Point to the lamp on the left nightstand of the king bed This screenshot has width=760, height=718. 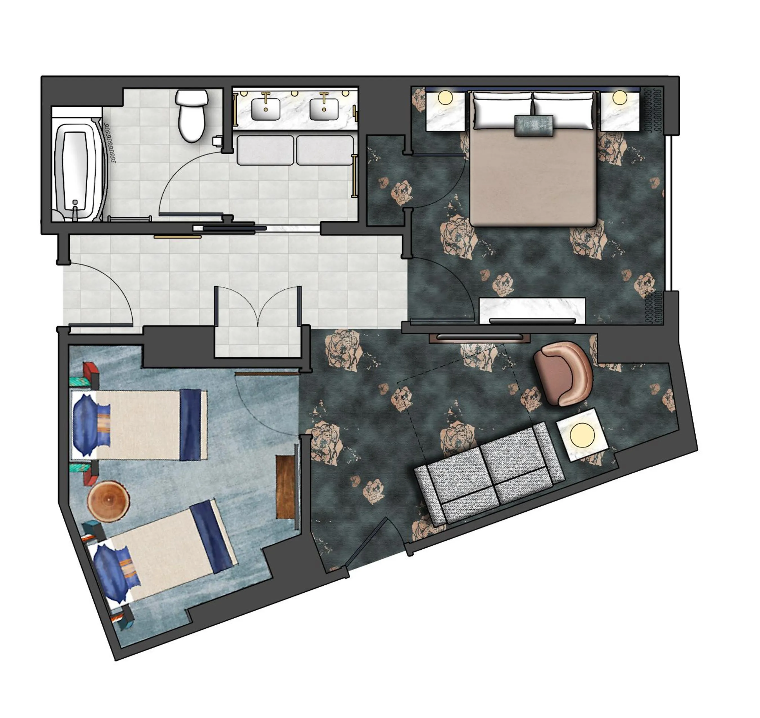pos(445,98)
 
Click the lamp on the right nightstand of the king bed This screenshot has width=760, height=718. pos(619,98)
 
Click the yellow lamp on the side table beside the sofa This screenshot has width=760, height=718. pos(582,435)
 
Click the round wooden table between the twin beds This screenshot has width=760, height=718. pos(109,501)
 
